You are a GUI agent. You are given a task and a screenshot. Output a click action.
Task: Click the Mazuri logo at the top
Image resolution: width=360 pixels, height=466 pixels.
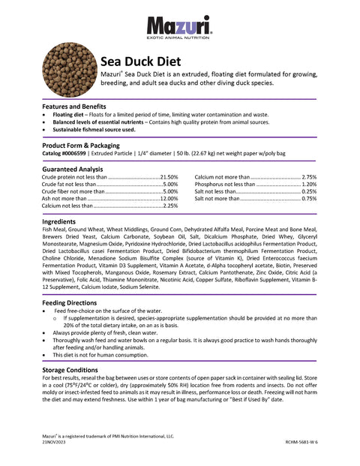(x=179, y=27)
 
